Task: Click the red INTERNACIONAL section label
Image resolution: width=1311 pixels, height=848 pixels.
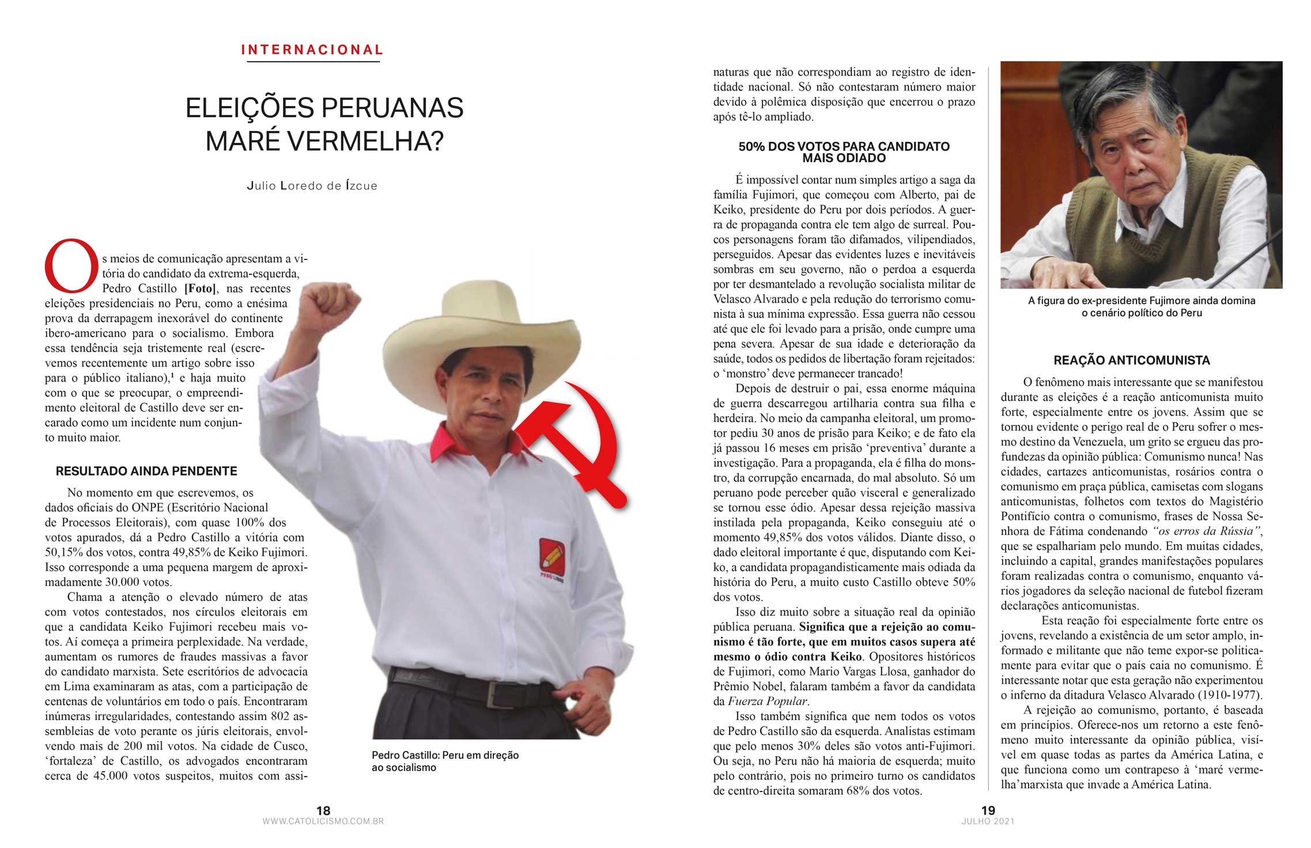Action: pyautogui.click(x=312, y=50)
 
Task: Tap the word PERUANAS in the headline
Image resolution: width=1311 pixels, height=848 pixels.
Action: pyautogui.click(x=392, y=108)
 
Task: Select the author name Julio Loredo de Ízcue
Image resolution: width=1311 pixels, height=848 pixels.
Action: pyautogui.click(x=312, y=186)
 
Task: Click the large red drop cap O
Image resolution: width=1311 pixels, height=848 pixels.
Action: pyautogui.click(x=70, y=266)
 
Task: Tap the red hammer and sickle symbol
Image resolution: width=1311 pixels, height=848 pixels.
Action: pyautogui.click(x=576, y=444)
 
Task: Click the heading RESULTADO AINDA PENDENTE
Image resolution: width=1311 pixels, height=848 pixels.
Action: pyautogui.click(x=146, y=471)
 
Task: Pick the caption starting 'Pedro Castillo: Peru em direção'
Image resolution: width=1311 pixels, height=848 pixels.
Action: pyautogui.click(x=445, y=761)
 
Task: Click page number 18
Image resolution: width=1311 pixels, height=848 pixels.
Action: pyautogui.click(x=323, y=810)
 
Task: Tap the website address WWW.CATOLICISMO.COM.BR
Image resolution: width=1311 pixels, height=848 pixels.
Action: pyautogui.click(x=323, y=821)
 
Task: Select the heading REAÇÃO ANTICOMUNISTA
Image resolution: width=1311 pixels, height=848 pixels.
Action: pyautogui.click(x=1131, y=360)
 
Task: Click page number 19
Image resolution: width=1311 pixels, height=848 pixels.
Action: pyautogui.click(x=988, y=810)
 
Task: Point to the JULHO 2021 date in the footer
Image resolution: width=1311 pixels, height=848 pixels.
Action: pyautogui.click(x=988, y=821)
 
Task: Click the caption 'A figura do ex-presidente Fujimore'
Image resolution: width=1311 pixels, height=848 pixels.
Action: pyautogui.click(x=1141, y=307)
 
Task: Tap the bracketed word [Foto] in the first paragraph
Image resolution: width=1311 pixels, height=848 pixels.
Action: pyautogui.click(x=200, y=288)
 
